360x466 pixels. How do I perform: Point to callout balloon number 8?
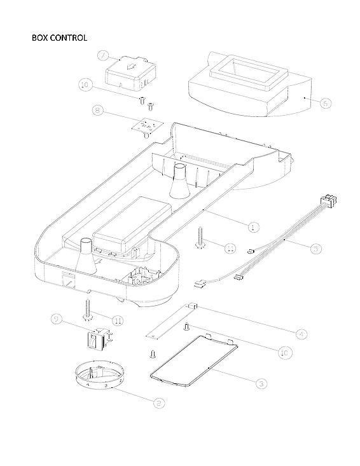point(98,111)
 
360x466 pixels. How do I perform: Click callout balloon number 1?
point(253,226)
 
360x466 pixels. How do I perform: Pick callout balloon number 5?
point(315,249)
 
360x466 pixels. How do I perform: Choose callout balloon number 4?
point(302,333)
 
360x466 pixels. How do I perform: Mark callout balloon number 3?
point(261,383)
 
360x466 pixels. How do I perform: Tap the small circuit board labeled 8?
point(148,126)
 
